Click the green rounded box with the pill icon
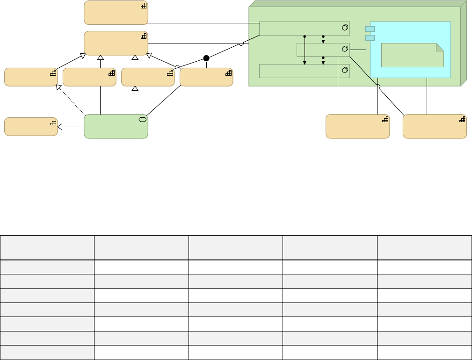(x=116, y=126)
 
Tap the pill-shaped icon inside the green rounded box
(x=143, y=120)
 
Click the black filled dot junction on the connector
(x=206, y=58)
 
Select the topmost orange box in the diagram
(x=116, y=13)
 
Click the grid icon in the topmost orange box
(x=144, y=6)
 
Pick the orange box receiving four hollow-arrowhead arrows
(x=116, y=43)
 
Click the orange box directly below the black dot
(x=206, y=77)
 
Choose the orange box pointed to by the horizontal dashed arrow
(x=30, y=127)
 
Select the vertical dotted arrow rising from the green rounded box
(x=135, y=101)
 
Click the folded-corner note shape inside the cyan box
(x=412, y=55)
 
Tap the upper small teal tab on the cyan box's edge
(x=370, y=29)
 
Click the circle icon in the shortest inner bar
(x=345, y=49)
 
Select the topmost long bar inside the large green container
(x=304, y=28)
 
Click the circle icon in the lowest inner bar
(x=345, y=71)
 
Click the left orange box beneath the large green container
(x=357, y=126)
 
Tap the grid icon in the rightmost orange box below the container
(x=462, y=120)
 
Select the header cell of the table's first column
(x=47, y=248)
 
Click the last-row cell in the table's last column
(x=424, y=353)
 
